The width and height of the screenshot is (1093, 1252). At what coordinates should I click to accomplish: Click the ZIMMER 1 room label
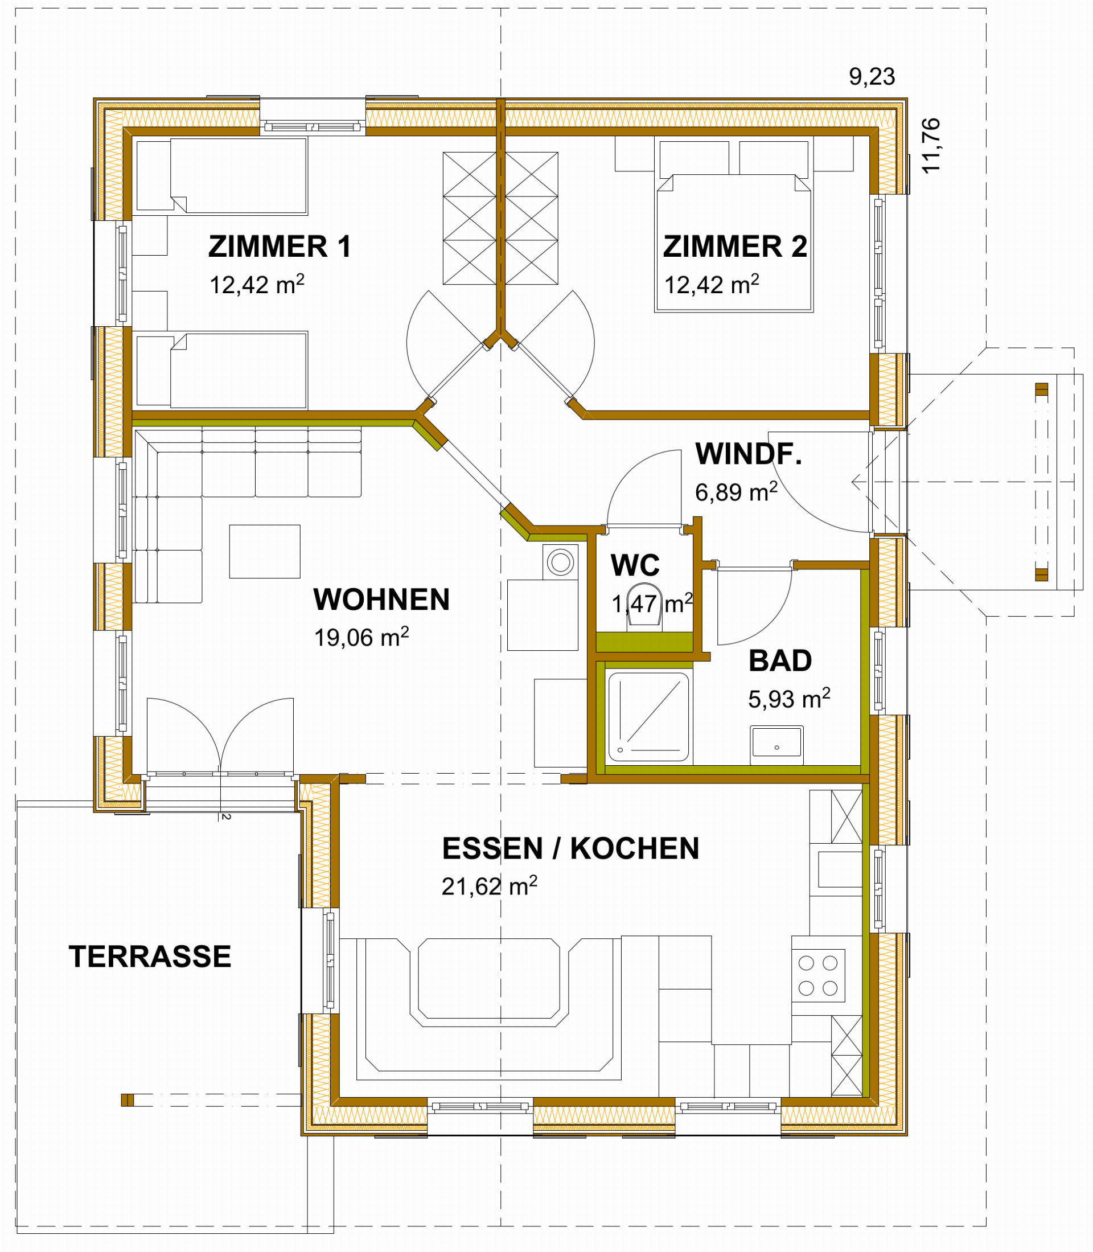coord(280,247)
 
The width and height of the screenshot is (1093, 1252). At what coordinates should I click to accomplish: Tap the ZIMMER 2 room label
coord(735,247)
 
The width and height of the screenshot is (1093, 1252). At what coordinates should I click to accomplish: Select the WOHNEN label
coord(381,599)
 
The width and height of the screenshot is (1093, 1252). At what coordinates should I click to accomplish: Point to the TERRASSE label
coord(150,956)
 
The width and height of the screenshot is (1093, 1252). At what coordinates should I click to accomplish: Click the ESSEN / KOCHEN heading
coord(570,848)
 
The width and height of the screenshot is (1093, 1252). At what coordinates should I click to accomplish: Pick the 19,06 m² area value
coord(361,637)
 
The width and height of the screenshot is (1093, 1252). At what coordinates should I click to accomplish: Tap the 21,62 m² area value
coord(489,885)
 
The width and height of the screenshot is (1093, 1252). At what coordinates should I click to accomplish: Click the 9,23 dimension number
coord(872,77)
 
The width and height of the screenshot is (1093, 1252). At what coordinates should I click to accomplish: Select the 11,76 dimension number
coord(931,146)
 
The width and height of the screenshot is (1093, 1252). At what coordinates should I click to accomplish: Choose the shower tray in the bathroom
coord(648,716)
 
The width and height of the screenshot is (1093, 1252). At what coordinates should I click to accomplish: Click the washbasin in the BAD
coord(776,744)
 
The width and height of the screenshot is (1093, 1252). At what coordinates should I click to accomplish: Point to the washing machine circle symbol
coord(560,562)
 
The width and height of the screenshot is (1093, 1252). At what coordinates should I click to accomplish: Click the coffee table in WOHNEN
coord(265,551)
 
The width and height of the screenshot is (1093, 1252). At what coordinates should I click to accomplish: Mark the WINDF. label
coord(749,453)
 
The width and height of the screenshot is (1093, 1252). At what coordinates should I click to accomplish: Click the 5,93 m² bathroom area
coord(788,698)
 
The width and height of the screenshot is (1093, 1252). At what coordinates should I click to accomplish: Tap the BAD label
coord(780,660)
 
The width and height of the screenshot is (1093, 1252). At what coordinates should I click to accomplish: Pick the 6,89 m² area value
coord(736,491)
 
